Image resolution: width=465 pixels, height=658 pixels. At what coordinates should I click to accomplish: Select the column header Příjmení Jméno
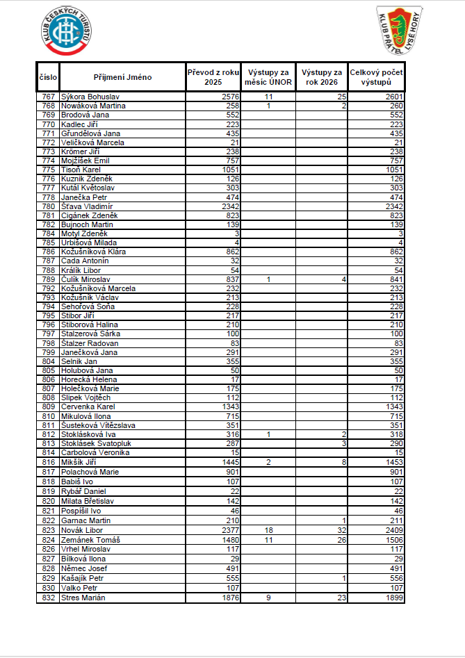pos(122,77)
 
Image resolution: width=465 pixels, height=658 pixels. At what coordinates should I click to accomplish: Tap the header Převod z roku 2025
pos(213,77)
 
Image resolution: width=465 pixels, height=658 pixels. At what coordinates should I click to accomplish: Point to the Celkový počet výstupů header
pos(375,77)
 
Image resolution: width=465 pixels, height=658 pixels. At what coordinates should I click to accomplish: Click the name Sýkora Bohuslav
pos(90,97)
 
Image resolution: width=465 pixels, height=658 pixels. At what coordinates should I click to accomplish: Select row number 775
pos(48,170)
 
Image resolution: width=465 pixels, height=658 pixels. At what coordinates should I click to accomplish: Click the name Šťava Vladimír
pos(87,206)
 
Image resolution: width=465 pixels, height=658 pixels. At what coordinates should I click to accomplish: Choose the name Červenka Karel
pos(88,406)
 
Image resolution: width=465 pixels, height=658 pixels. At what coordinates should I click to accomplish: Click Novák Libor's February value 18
pos(268,530)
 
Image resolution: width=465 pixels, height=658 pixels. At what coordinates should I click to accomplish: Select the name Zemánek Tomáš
pos(91,540)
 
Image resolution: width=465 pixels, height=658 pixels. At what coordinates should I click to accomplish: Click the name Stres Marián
pos(83,598)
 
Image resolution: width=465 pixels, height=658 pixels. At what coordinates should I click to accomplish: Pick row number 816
pos(48,462)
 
